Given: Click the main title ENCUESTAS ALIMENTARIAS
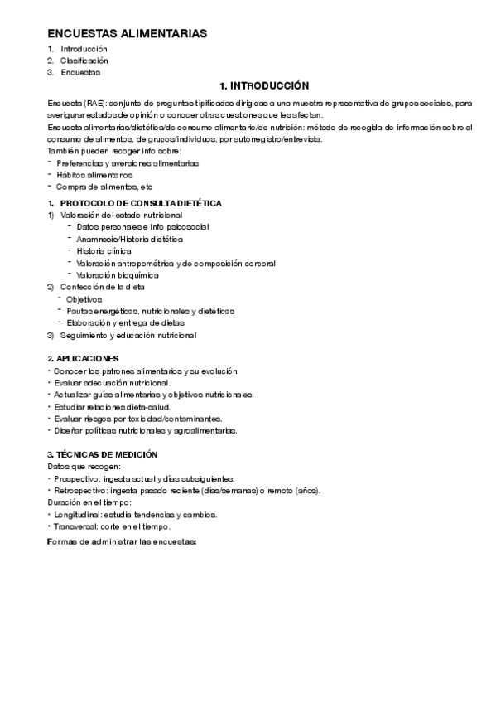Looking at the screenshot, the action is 127,33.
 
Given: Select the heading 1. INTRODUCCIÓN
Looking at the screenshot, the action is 264,86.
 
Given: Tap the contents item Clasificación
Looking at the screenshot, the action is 84,61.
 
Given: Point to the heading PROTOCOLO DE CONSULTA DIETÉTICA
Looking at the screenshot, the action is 141,203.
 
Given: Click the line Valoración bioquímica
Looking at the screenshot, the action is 117,274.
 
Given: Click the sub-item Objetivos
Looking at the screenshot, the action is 84,298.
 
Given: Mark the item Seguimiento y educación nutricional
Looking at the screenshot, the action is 128,335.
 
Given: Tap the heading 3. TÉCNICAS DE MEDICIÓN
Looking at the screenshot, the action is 103,455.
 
